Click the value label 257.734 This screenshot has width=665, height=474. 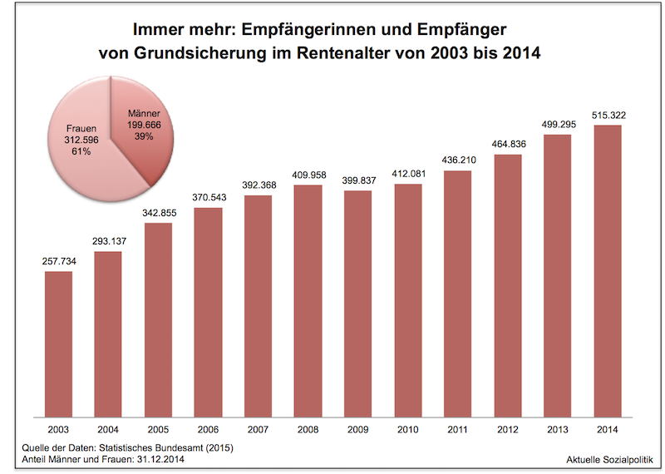[58, 262]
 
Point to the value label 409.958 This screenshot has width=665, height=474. [308, 175]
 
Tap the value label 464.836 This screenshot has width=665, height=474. [507, 145]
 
